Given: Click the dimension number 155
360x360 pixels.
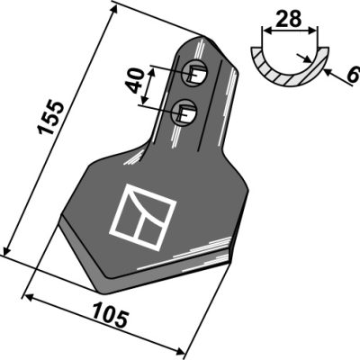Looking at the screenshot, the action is point(50,118).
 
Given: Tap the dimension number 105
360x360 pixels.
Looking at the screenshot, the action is point(111,315).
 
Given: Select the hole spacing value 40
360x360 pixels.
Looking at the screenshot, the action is point(135,80).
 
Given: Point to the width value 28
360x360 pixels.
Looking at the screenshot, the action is point(288,19).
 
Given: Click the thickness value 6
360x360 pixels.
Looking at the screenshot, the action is point(354,75).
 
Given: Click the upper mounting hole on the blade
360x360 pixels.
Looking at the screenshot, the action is point(195,74).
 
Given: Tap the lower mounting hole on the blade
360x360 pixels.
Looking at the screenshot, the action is point(184,112).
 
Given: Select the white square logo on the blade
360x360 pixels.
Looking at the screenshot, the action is point(142,217).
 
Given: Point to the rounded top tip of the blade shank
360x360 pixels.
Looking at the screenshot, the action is point(202,38).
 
